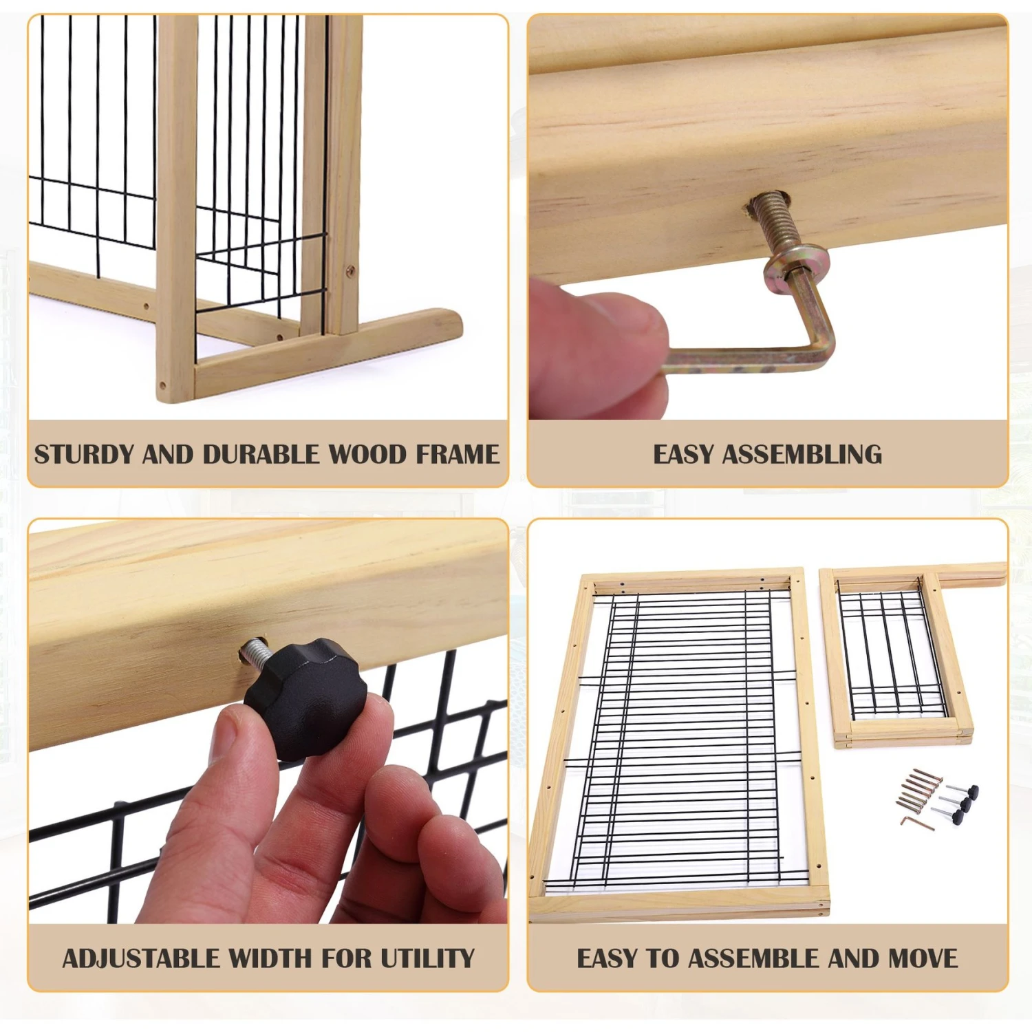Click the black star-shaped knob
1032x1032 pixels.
click(306, 698)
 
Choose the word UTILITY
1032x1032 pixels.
click(428, 958)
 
